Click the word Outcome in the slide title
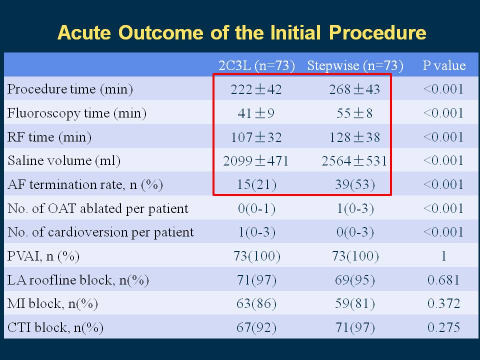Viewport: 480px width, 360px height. (x=160, y=32)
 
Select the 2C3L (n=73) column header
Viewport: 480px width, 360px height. (x=256, y=65)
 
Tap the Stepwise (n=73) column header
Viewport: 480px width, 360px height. (x=355, y=65)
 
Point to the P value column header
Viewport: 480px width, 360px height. (x=444, y=65)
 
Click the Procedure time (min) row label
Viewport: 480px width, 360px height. (x=70, y=89)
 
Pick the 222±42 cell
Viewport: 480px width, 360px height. (x=256, y=89)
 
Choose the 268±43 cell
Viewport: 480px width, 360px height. (x=354, y=89)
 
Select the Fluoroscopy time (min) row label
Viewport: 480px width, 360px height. (x=77, y=113)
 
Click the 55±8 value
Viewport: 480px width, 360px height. (x=354, y=113)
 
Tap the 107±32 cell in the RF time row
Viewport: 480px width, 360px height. (x=256, y=137)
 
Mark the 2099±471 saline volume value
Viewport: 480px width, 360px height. (x=256, y=160)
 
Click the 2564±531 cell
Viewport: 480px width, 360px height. (x=354, y=160)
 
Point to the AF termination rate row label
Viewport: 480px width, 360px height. (x=85, y=184)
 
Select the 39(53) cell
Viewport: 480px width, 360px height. (x=355, y=184)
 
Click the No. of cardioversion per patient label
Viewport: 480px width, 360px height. (x=100, y=232)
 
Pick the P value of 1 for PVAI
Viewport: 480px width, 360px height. (x=444, y=256)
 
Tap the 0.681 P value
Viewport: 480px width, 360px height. (x=443, y=280)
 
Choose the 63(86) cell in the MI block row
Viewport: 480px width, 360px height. (x=256, y=303)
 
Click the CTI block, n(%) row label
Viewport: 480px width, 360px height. (x=55, y=327)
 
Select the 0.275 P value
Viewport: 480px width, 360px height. (x=443, y=327)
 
